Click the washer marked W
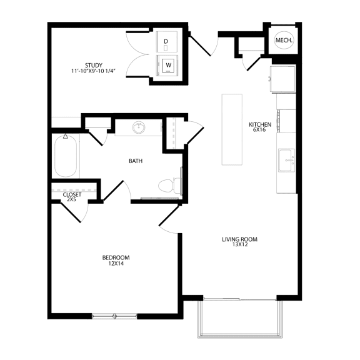[x=167, y=64]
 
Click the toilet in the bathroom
[x=167, y=185]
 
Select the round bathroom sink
[x=139, y=128]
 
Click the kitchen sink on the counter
[x=287, y=159]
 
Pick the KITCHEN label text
[x=259, y=124]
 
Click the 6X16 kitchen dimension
[x=259, y=130]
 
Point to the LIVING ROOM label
[x=240, y=239]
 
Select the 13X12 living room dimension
[x=240, y=245]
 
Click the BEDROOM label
[x=116, y=257]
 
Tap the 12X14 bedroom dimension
[x=116, y=264]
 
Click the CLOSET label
[x=72, y=194]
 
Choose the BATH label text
[x=136, y=161]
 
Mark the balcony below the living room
[x=240, y=319]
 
